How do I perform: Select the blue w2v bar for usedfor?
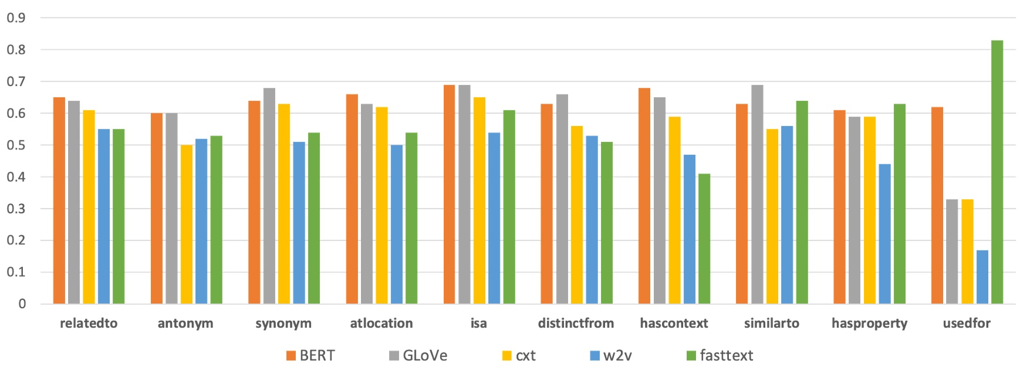[x=982, y=277]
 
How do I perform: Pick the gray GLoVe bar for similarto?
[x=757, y=194]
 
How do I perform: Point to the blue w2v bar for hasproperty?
[x=884, y=234]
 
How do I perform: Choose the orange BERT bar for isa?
[x=449, y=194]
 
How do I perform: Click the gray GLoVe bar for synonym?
[x=269, y=196]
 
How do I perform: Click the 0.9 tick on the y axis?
[x=16, y=18]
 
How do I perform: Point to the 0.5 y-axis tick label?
[x=16, y=145]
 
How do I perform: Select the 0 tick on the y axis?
[x=22, y=304]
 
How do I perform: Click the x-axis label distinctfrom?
[x=576, y=323]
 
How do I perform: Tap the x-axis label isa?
[x=478, y=323]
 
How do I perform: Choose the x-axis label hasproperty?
[x=869, y=324]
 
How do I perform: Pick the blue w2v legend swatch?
[x=595, y=356]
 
